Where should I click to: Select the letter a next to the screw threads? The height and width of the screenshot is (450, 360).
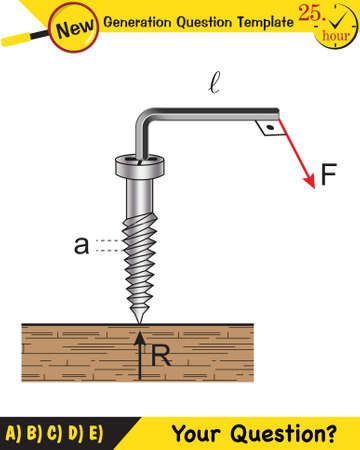pyautogui.click(x=81, y=245)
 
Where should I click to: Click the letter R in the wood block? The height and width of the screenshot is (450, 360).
pyautogui.click(x=162, y=352)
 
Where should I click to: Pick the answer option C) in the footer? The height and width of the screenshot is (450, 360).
pyautogui.click(x=55, y=434)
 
